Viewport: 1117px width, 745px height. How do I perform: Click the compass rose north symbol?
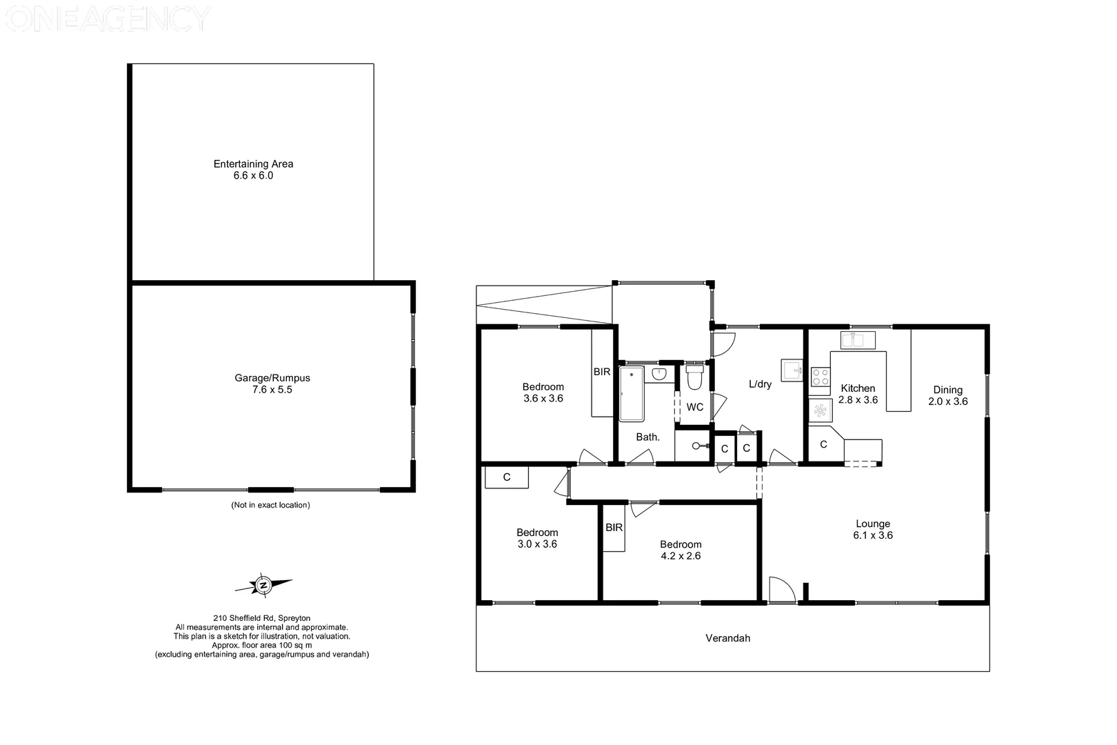[x=263, y=586]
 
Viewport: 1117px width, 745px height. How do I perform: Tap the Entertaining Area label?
[x=253, y=164]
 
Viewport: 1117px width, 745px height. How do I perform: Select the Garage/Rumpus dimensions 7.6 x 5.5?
[x=272, y=390]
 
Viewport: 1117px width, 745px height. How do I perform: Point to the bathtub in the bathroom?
[x=631, y=394]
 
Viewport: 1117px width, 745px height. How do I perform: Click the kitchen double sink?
[x=857, y=340]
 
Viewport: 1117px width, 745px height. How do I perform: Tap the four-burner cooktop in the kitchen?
[x=821, y=377]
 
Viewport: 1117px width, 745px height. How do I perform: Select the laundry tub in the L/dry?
[x=792, y=370]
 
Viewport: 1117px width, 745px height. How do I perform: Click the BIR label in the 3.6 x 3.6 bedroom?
[x=602, y=372]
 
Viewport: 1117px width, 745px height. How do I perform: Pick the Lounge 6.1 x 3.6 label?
[x=873, y=529]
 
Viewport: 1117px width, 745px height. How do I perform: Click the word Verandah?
[x=727, y=638]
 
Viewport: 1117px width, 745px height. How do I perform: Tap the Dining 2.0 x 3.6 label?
[x=947, y=395]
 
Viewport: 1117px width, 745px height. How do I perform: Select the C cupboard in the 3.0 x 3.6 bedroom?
[x=507, y=477]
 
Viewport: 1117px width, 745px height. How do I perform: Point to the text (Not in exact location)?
[x=270, y=505]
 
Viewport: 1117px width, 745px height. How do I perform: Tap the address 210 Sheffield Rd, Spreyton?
[x=262, y=618]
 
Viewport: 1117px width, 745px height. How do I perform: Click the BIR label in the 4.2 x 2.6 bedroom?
[x=614, y=528]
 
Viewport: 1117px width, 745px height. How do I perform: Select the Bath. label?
[x=647, y=437]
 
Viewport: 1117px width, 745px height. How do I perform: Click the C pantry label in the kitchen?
[x=823, y=445]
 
